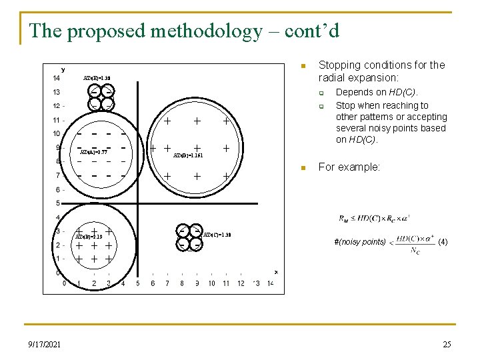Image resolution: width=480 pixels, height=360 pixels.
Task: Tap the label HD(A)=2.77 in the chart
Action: pos(93,153)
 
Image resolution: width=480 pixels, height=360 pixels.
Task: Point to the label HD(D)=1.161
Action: pos(187,155)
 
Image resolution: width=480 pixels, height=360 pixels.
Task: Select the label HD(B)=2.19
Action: pos(89,237)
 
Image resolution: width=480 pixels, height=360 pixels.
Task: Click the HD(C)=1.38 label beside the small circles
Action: pos(217,235)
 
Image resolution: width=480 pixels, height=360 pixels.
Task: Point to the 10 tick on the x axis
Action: pos(211,283)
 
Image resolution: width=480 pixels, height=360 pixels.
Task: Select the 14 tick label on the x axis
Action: pos(271,283)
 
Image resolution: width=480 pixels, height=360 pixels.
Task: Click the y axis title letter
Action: pos(63,69)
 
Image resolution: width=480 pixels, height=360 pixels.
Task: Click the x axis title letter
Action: pos(276,271)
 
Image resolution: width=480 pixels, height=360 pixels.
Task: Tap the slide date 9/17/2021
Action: pos(45,344)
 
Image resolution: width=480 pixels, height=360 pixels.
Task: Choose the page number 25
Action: pos(447,344)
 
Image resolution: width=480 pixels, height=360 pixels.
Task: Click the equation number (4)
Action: pos(443,243)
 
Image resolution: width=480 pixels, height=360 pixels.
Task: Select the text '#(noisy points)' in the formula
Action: pos(359,242)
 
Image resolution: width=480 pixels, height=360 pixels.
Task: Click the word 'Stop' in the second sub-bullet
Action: pos(345,105)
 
